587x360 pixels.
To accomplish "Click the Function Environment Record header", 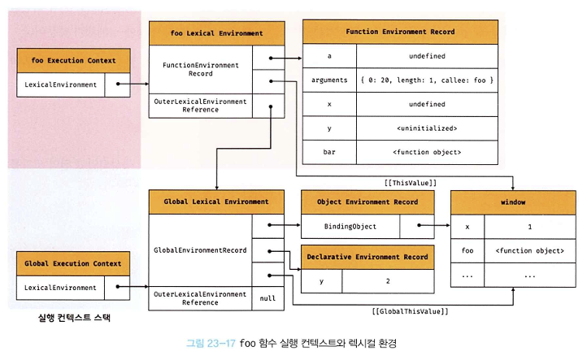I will (399, 32).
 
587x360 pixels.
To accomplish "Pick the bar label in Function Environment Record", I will (329, 152).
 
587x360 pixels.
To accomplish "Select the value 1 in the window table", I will (529, 228).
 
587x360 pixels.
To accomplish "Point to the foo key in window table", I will (467, 251).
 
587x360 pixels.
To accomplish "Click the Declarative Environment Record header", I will (367, 257).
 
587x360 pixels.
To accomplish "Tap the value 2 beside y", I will (387, 281).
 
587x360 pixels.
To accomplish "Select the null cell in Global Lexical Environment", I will (267, 298).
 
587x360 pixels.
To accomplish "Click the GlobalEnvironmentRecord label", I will (200, 250).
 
